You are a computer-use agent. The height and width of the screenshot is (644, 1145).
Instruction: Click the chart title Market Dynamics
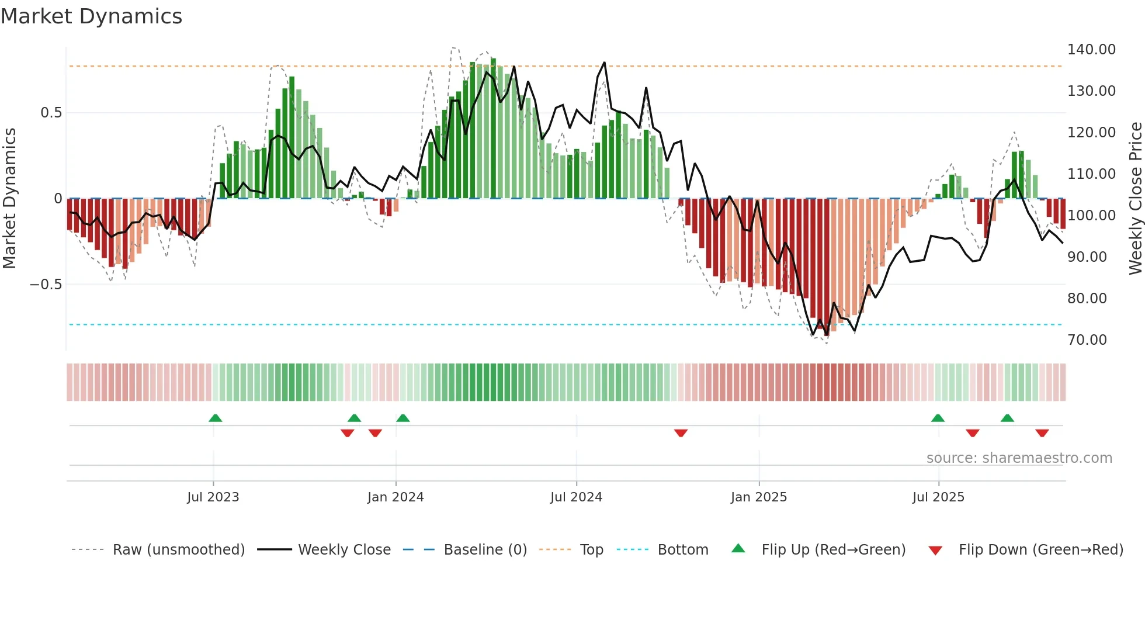click(91, 16)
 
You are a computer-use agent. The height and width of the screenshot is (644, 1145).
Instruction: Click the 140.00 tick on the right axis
click(1091, 50)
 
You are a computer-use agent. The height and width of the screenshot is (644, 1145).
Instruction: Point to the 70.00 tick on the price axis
click(1087, 340)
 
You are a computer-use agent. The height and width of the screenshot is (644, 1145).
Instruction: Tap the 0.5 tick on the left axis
click(51, 113)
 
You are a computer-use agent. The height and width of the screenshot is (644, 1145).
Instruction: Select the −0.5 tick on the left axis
click(46, 285)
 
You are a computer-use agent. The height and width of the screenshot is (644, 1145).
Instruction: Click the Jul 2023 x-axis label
click(213, 497)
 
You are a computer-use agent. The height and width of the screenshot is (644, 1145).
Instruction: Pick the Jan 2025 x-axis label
click(758, 497)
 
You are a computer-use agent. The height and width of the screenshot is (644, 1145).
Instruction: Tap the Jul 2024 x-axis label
click(576, 497)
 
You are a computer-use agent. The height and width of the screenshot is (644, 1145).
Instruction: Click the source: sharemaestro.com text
click(1019, 458)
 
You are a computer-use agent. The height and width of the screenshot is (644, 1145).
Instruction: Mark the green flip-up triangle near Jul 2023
click(215, 418)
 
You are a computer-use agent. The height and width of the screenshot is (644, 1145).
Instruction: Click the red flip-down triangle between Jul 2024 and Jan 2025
click(681, 433)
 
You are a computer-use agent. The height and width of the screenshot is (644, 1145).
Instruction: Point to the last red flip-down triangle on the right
click(1042, 433)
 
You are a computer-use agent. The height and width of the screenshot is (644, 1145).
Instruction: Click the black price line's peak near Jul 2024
click(604, 63)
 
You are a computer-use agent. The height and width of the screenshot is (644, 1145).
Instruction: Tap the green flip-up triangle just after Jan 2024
click(403, 418)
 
